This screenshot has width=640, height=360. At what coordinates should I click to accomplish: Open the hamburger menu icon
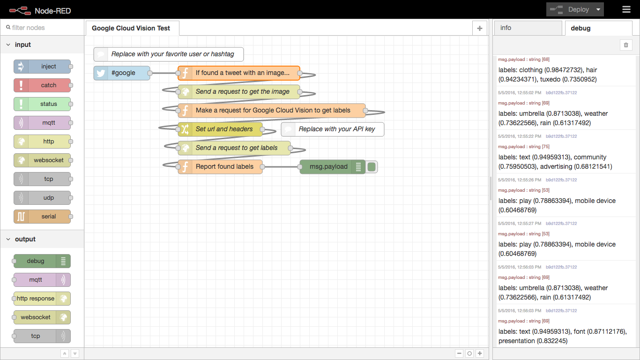click(x=626, y=9)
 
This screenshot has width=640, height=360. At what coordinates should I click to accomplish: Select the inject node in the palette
click(x=42, y=67)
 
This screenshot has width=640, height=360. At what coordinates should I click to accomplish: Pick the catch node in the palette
click(x=42, y=85)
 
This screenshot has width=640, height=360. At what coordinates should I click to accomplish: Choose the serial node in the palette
click(x=42, y=217)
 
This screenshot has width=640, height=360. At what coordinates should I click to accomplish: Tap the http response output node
click(x=42, y=299)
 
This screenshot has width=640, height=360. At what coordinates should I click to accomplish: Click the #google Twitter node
click(x=122, y=73)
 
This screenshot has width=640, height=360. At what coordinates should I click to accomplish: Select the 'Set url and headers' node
click(x=220, y=129)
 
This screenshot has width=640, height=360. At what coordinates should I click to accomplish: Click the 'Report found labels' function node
click(x=220, y=167)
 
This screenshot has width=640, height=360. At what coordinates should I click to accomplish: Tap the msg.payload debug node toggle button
click(x=372, y=167)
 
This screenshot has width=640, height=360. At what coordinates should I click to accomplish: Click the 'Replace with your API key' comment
click(x=333, y=129)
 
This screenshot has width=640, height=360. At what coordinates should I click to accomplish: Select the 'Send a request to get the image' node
click(x=239, y=92)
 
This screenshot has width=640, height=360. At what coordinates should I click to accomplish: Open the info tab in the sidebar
click(x=528, y=28)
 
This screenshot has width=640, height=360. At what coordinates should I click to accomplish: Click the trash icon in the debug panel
click(x=626, y=45)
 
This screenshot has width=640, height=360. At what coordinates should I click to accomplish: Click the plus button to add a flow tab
click(x=479, y=29)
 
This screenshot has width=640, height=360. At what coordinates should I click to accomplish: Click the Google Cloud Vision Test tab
click(x=131, y=28)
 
